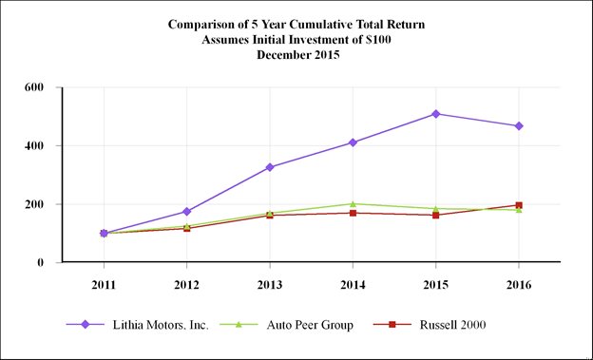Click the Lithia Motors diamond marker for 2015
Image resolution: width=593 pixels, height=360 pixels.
[x=435, y=114]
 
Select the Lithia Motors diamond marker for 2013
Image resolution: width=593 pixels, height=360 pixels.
[x=270, y=167]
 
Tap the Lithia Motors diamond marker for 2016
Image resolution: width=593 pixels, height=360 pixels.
[x=519, y=126]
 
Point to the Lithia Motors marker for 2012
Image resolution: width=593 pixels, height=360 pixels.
[x=186, y=212]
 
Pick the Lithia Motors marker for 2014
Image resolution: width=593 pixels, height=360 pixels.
[x=353, y=142]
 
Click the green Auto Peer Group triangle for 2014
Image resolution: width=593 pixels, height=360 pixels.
[x=353, y=204]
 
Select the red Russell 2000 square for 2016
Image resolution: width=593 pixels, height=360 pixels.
[x=519, y=205]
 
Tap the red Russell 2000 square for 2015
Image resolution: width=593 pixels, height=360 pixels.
[x=435, y=216]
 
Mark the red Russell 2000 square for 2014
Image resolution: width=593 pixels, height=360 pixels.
[x=353, y=213]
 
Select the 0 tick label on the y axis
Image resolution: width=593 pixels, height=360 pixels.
[x=41, y=262]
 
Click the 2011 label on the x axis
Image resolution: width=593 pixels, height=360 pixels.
[x=104, y=285]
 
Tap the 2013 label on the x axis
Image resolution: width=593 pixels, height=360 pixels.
[x=270, y=285]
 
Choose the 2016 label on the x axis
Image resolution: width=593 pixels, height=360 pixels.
[x=519, y=285]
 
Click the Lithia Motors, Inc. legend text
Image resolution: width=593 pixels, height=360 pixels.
[x=161, y=325]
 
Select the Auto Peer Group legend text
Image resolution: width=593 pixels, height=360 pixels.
[x=310, y=325]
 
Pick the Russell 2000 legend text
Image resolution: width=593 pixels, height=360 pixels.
[x=452, y=325]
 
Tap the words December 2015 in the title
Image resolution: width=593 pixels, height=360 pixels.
[x=298, y=55]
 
